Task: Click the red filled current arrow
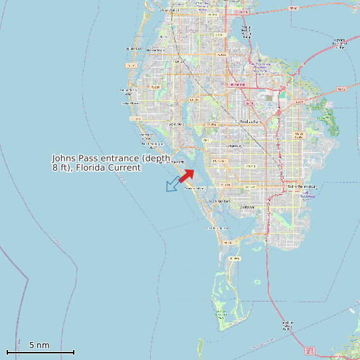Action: [x=187, y=175]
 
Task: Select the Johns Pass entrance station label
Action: [x=112, y=163]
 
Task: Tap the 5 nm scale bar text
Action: [x=39, y=345]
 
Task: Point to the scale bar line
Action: [x=40, y=352]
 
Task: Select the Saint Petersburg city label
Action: [x=302, y=187]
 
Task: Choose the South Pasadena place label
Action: [x=219, y=201]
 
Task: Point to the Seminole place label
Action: [x=175, y=124]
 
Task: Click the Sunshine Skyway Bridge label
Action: [x=287, y=325]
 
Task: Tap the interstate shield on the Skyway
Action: [x=309, y=350]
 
